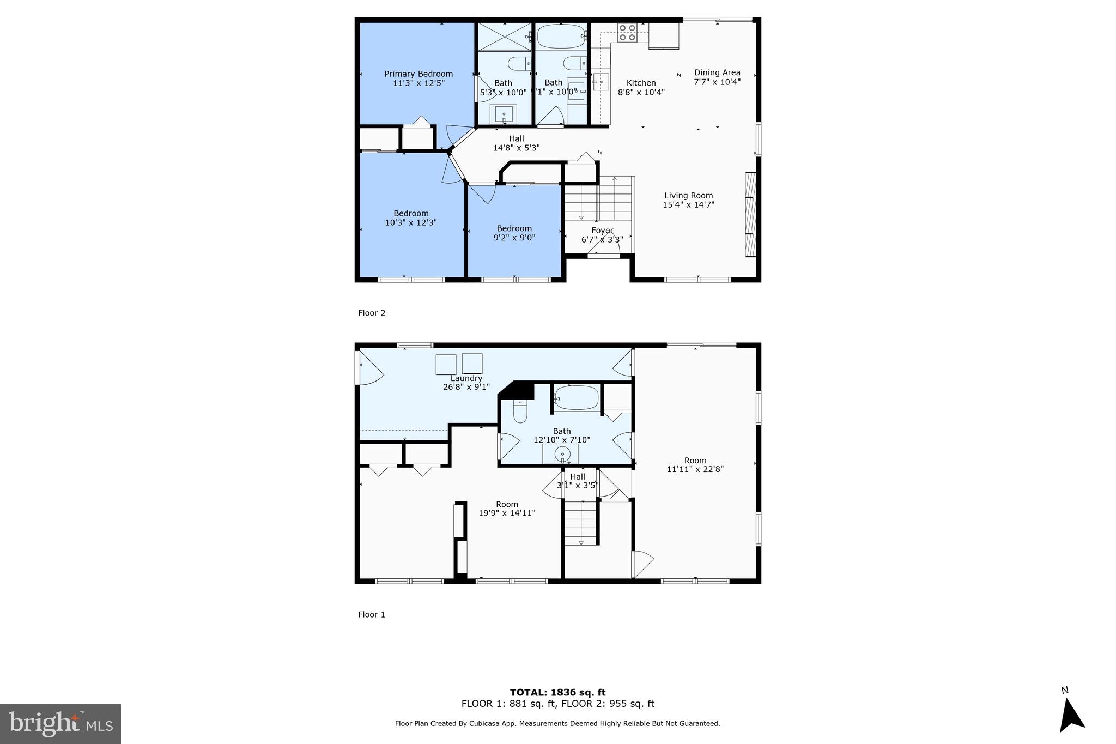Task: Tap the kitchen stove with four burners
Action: [x=627, y=33]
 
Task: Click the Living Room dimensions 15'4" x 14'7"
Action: [x=688, y=205]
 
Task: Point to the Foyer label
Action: [x=602, y=231]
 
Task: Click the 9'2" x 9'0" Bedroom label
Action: [x=514, y=233]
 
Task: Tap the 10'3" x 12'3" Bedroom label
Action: [x=411, y=218]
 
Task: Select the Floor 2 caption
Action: [x=372, y=313]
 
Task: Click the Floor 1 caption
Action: [x=372, y=614]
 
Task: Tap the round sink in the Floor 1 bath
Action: [x=562, y=453]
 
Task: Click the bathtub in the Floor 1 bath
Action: [x=577, y=398]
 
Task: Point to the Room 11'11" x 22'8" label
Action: [x=695, y=464]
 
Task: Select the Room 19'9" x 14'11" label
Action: [x=507, y=509]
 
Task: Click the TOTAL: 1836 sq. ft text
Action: [x=557, y=693]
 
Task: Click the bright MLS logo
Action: [x=60, y=724]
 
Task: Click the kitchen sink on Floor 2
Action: [x=601, y=82]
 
